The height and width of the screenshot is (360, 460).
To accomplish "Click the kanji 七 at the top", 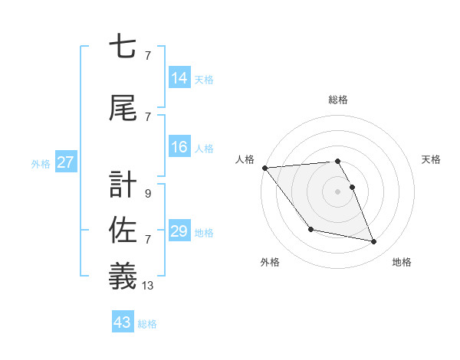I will coord(123,48).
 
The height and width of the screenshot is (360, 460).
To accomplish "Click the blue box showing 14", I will coord(179,78).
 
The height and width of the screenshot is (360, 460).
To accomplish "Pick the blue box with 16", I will coord(179,147).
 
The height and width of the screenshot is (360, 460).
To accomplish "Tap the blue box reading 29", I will coord(179,231).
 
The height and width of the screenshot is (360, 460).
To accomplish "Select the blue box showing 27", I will coord(66,162).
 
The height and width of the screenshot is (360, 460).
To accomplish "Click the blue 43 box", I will coord(123,322).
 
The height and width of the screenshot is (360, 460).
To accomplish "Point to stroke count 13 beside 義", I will coord(148,286).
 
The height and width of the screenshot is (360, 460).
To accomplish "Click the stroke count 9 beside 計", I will coord(147,194).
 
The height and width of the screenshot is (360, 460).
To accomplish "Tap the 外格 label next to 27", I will coord(41,163).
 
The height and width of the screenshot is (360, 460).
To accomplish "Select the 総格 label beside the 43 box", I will coord(147,324).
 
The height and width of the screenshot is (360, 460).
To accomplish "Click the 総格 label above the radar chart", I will coord(338,100).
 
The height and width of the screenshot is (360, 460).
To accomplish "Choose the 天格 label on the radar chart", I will coord(432,159).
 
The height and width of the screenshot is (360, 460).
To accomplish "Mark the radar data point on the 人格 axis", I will coord(264,168).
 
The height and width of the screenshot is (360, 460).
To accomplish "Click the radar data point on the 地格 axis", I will coord(374,242).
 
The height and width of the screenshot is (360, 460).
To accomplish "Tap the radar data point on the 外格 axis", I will coord(310,229).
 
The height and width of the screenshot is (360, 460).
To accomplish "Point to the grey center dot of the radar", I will coord(337,191).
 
